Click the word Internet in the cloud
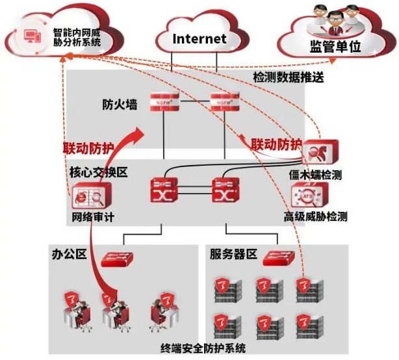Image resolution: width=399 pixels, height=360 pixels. point(199,39)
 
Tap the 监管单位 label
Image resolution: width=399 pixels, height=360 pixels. point(335,47)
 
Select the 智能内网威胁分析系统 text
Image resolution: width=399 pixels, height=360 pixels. point(77,37)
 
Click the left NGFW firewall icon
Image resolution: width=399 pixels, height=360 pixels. point(164,101)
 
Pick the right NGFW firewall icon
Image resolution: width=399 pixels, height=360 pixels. point(225,101)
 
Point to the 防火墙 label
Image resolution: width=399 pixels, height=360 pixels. point(120,105)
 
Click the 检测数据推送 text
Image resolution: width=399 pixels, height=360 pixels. point(289,77)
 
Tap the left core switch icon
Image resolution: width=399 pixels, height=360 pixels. point(164,190)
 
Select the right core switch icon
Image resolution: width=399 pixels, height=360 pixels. point(225,190)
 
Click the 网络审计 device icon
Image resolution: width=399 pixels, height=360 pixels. point(92,196)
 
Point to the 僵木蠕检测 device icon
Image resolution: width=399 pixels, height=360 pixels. point(320,151)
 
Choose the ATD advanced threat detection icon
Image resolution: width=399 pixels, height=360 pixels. point(309,196)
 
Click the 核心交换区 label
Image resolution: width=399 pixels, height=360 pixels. point(99,172)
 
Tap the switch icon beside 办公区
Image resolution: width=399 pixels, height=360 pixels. point(117,259)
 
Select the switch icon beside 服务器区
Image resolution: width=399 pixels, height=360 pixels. point(279,258)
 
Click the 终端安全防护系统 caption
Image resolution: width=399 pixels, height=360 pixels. point(203,348)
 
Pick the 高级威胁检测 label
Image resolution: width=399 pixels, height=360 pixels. point(315,216)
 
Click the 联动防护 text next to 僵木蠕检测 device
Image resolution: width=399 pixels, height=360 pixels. point(276,144)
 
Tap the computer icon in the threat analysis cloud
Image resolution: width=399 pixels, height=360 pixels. point(32,36)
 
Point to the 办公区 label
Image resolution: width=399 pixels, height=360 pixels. point(69,253)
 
